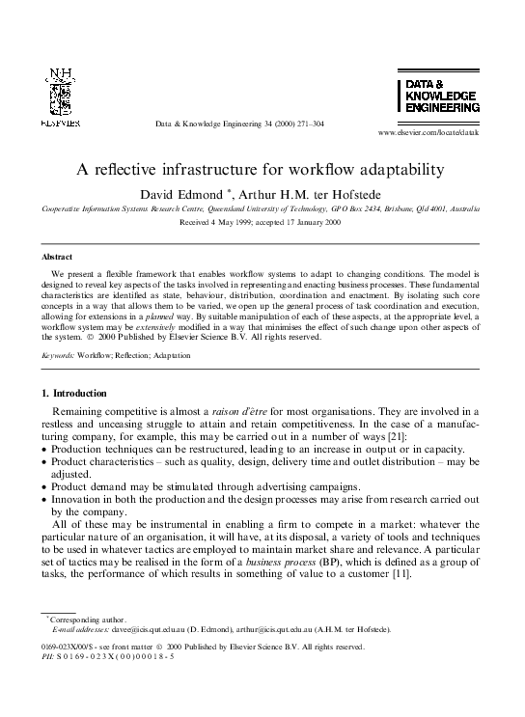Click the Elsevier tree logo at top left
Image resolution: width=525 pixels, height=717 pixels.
coord(60,97)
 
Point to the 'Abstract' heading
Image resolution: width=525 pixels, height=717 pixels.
coord(56,258)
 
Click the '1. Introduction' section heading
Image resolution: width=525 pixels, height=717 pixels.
coord(80,393)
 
